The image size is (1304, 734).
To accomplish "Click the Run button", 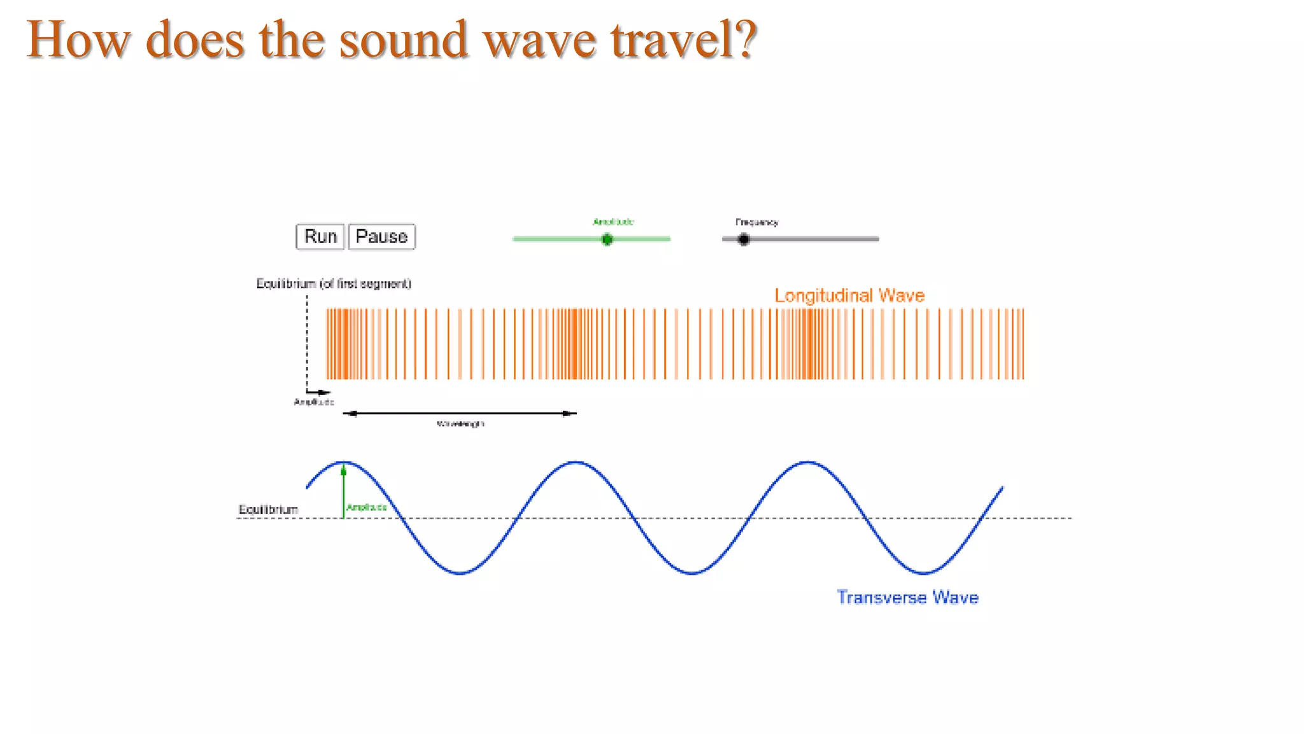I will (320, 236).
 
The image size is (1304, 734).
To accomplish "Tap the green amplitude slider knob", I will (607, 240).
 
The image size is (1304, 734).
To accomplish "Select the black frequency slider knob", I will (744, 240).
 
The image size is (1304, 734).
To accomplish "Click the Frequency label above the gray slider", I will (756, 222).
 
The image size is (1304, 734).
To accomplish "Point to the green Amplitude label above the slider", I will (613, 222).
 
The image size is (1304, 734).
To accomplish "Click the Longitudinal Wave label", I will (849, 296).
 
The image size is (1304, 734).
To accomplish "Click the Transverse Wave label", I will (907, 598).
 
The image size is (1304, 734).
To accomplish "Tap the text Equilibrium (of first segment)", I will (334, 284).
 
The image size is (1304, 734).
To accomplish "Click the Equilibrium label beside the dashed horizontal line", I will (268, 510).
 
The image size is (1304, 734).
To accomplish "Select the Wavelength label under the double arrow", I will (460, 424).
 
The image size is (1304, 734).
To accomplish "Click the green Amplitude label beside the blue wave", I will (366, 507).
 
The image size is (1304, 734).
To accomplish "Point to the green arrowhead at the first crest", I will (344, 471).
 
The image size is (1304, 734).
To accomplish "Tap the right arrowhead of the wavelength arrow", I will (569, 414).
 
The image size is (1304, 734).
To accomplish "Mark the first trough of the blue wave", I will (460, 573).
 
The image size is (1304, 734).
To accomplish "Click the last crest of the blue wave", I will (807, 462).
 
